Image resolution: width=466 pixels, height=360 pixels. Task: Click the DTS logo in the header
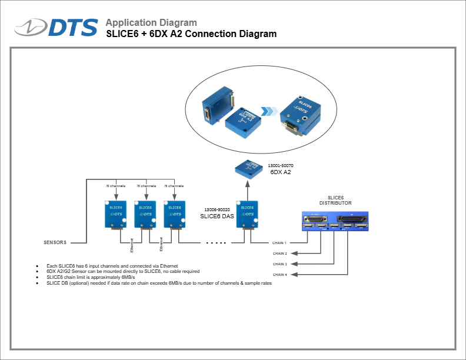tap(57, 27)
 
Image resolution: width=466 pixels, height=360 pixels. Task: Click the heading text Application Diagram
tap(151, 23)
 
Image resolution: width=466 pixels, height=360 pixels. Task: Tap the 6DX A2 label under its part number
tap(281, 173)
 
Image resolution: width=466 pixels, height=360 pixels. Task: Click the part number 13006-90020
tap(217, 209)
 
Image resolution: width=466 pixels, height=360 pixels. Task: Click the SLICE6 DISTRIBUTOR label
tap(335, 200)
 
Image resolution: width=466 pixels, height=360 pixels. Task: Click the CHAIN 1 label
tap(279, 242)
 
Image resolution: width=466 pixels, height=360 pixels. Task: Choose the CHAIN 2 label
tap(279, 254)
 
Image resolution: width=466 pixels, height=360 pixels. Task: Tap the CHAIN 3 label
tap(279, 264)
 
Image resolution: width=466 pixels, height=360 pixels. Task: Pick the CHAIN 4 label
tap(279, 275)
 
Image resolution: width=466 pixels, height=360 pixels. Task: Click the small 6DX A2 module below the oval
tap(247, 169)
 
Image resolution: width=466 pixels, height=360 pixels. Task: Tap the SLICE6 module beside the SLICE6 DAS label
tap(247, 215)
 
